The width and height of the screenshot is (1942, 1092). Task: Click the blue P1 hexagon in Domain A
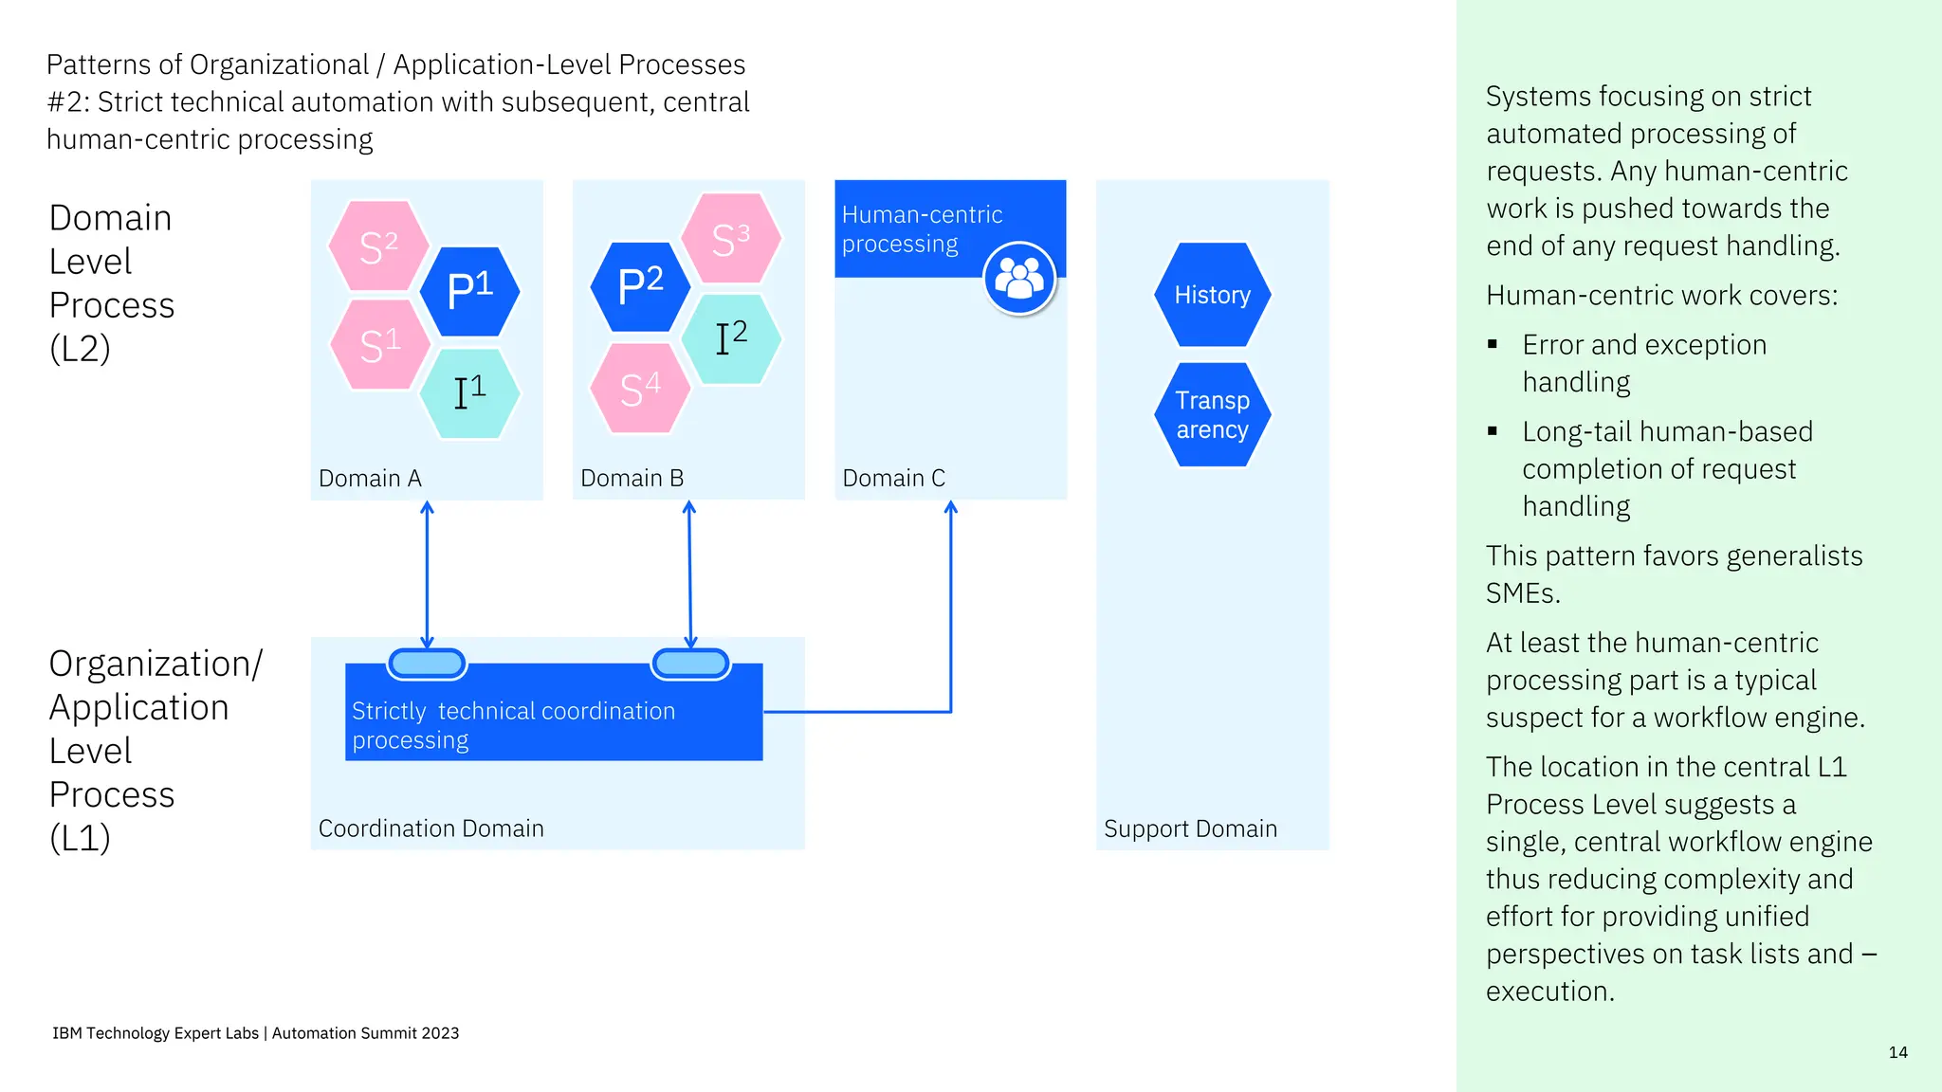pyautogui.click(x=470, y=291)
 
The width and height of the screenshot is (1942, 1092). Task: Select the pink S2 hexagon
pyautogui.click(x=378, y=246)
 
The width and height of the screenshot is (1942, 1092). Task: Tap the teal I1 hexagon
pyautogui.click(x=469, y=393)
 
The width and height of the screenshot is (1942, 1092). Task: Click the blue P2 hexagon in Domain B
pyautogui.click(x=640, y=286)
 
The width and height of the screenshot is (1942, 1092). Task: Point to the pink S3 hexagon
pyautogui.click(x=731, y=239)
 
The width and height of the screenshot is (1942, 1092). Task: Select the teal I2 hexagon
pyautogui.click(x=731, y=338)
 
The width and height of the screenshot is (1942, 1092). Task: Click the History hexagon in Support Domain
pyautogui.click(x=1212, y=295)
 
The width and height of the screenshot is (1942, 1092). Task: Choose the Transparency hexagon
pyautogui.click(x=1212, y=415)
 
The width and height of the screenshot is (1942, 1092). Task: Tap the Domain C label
pyautogui.click(x=893, y=479)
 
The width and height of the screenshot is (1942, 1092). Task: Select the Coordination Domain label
pyautogui.click(x=431, y=828)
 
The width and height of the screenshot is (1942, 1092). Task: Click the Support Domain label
pyautogui.click(x=1190, y=828)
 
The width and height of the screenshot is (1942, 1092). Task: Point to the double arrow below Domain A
pyautogui.click(x=427, y=574)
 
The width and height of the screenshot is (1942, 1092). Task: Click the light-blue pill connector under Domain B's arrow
pyautogui.click(x=690, y=664)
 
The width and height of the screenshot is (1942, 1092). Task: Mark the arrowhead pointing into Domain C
pyautogui.click(x=951, y=508)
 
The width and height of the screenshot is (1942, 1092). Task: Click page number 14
pyautogui.click(x=1897, y=1052)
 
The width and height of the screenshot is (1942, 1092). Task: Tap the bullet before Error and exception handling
pyautogui.click(x=1493, y=344)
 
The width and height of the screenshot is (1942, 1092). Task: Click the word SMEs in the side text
pyautogui.click(x=1522, y=593)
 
